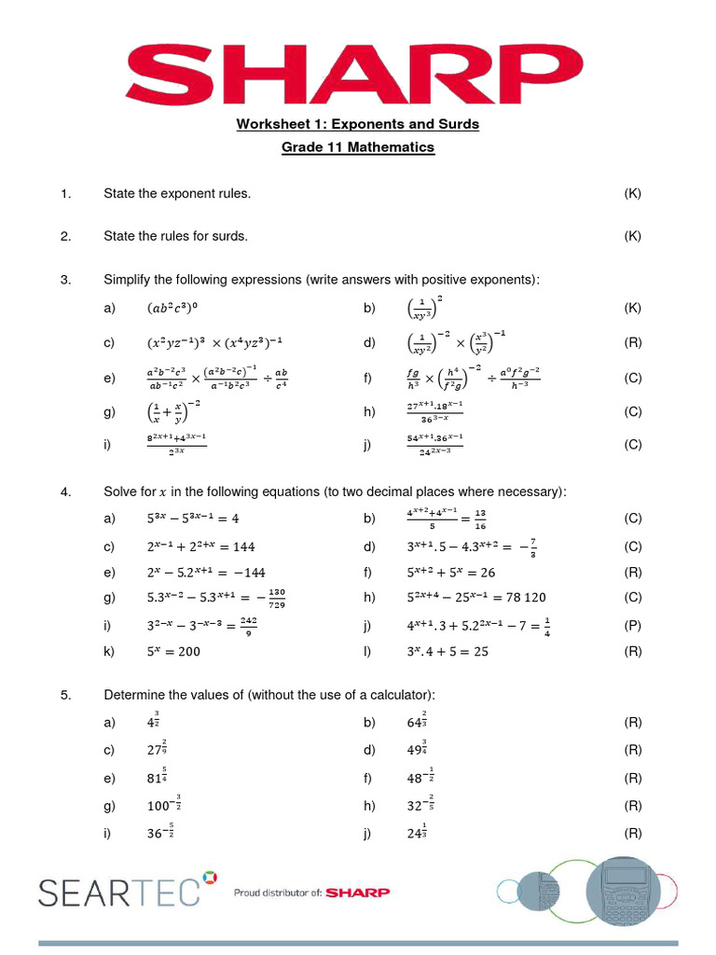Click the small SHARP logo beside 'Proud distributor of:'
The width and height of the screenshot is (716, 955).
pyautogui.click(x=358, y=893)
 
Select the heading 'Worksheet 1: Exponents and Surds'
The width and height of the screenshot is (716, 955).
pyautogui.click(x=357, y=124)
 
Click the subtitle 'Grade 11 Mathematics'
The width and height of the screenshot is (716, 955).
pyautogui.click(x=358, y=147)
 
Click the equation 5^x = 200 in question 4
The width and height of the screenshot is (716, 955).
pyautogui.click(x=173, y=652)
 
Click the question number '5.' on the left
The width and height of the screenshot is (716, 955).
pyautogui.click(x=65, y=695)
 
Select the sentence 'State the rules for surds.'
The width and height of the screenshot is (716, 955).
pyautogui.click(x=175, y=236)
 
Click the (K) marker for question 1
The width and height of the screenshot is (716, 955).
pyautogui.click(x=633, y=194)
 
